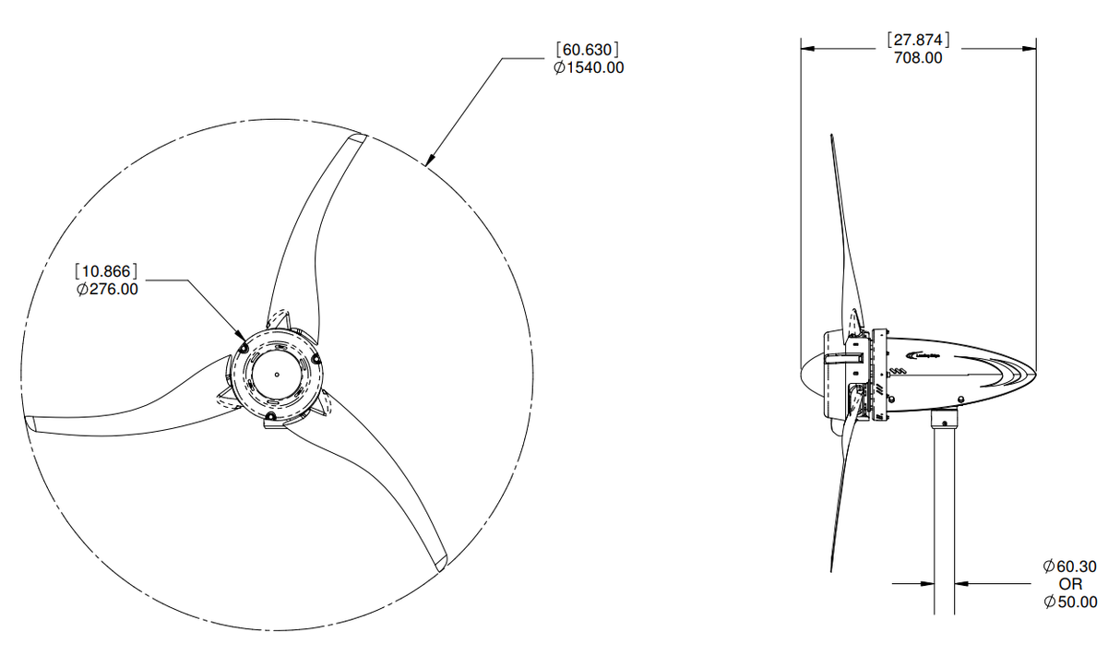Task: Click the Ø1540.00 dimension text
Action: (589, 67)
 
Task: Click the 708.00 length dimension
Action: (918, 57)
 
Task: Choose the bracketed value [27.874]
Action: (918, 40)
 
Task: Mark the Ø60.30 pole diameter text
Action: (1070, 566)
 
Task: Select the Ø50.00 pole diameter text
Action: (1070, 602)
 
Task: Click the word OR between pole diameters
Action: (1070, 584)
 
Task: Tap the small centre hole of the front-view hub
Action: (277, 375)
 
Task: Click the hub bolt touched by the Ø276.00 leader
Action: (243, 348)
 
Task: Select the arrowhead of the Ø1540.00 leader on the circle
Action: (427, 163)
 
